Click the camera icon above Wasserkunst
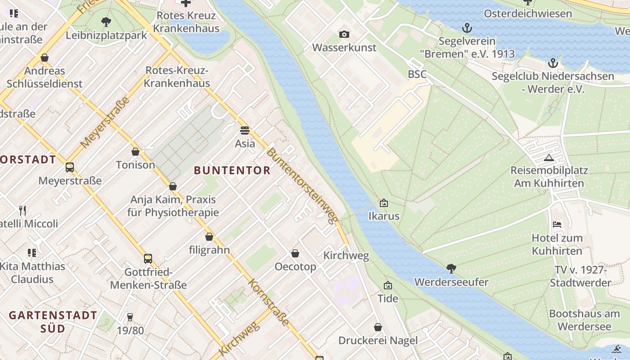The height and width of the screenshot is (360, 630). [344, 34]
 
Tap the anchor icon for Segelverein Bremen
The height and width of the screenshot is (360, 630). [467, 28]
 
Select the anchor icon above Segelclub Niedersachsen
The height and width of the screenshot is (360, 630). [553, 63]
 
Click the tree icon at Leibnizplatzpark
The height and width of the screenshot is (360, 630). [106, 22]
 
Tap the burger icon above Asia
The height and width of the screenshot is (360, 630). [245, 130]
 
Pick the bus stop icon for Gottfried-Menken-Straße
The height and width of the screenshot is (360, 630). [148, 259]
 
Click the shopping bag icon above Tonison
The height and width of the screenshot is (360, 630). [135, 152]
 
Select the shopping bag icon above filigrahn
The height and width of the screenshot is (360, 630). [209, 237]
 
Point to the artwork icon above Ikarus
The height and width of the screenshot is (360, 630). [383, 203]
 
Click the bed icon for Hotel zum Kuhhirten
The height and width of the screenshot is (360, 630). [557, 225]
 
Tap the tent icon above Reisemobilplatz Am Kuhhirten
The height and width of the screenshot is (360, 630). [549, 157]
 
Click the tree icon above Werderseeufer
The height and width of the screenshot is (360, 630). [451, 269]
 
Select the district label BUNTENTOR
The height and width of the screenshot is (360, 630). [232, 170]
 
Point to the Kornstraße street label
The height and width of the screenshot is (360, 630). [269, 302]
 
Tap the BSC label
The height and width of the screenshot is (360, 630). [417, 74]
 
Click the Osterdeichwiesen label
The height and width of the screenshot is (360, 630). [527, 13]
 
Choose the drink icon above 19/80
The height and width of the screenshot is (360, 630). [130, 317]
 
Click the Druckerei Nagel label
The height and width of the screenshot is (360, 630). [378, 341]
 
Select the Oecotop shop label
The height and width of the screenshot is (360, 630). [296, 267]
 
